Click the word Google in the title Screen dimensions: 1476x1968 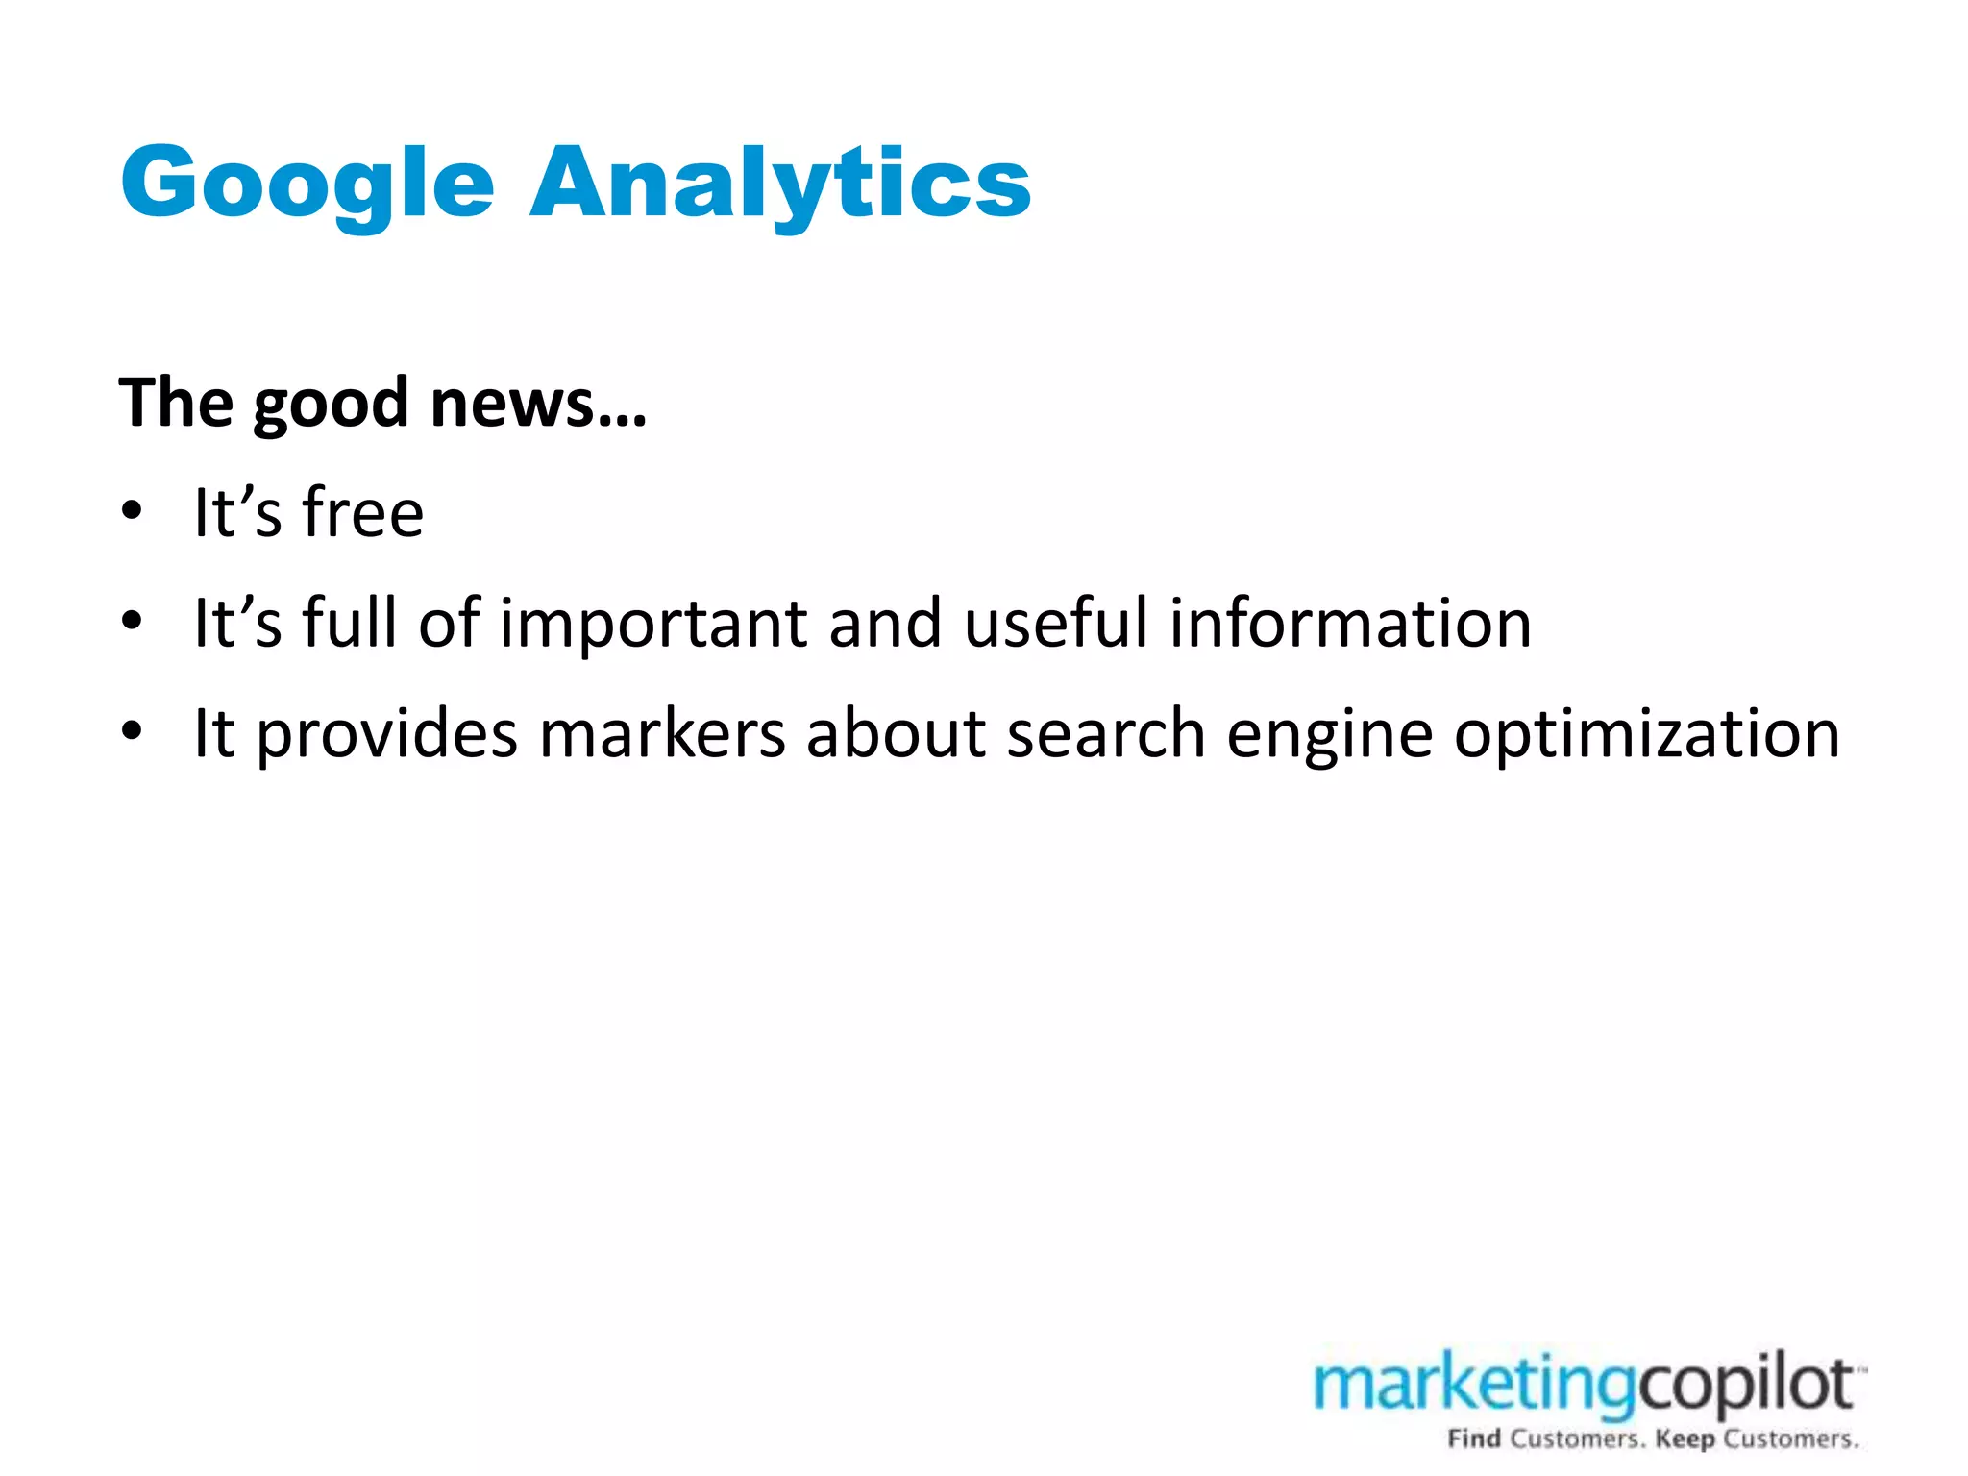pyautogui.click(x=307, y=183)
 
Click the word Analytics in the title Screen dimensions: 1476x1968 pyautogui.click(x=780, y=183)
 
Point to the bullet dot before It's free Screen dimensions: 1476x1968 pyautogui.click(x=132, y=510)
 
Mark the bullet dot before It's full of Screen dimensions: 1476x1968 pyautogui.click(x=132, y=621)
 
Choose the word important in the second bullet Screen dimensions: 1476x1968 pyautogui.click(x=653, y=625)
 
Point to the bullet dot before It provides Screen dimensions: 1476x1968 pyautogui.click(x=132, y=731)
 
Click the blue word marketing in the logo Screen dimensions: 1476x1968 pyautogui.click(x=1475, y=1387)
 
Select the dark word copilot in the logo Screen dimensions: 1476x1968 pyautogui.click(x=1744, y=1387)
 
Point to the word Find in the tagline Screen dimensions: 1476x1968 pyautogui.click(x=1474, y=1439)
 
